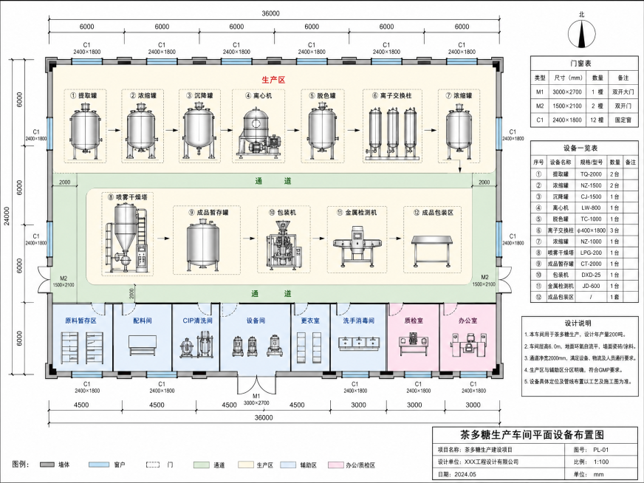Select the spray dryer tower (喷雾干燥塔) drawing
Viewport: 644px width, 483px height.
(x=127, y=237)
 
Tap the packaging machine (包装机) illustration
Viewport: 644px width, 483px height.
(x=284, y=245)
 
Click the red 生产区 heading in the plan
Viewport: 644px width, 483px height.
(x=273, y=80)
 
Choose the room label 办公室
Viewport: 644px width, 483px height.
(x=467, y=321)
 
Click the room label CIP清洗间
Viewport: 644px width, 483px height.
(x=197, y=321)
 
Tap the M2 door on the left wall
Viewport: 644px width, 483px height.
(x=44, y=279)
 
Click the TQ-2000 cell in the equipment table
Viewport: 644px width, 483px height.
(x=591, y=174)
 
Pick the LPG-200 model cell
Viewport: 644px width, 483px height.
(x=591, y=253)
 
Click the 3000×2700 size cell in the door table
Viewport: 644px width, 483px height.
(x=567, y=92)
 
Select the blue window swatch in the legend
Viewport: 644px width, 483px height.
(x=99, y=465)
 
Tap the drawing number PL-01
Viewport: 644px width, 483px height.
(x=601, y=450)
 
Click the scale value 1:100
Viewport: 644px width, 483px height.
(x=601, y=462)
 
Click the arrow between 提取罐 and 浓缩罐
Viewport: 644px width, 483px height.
(x=114, y=130)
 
